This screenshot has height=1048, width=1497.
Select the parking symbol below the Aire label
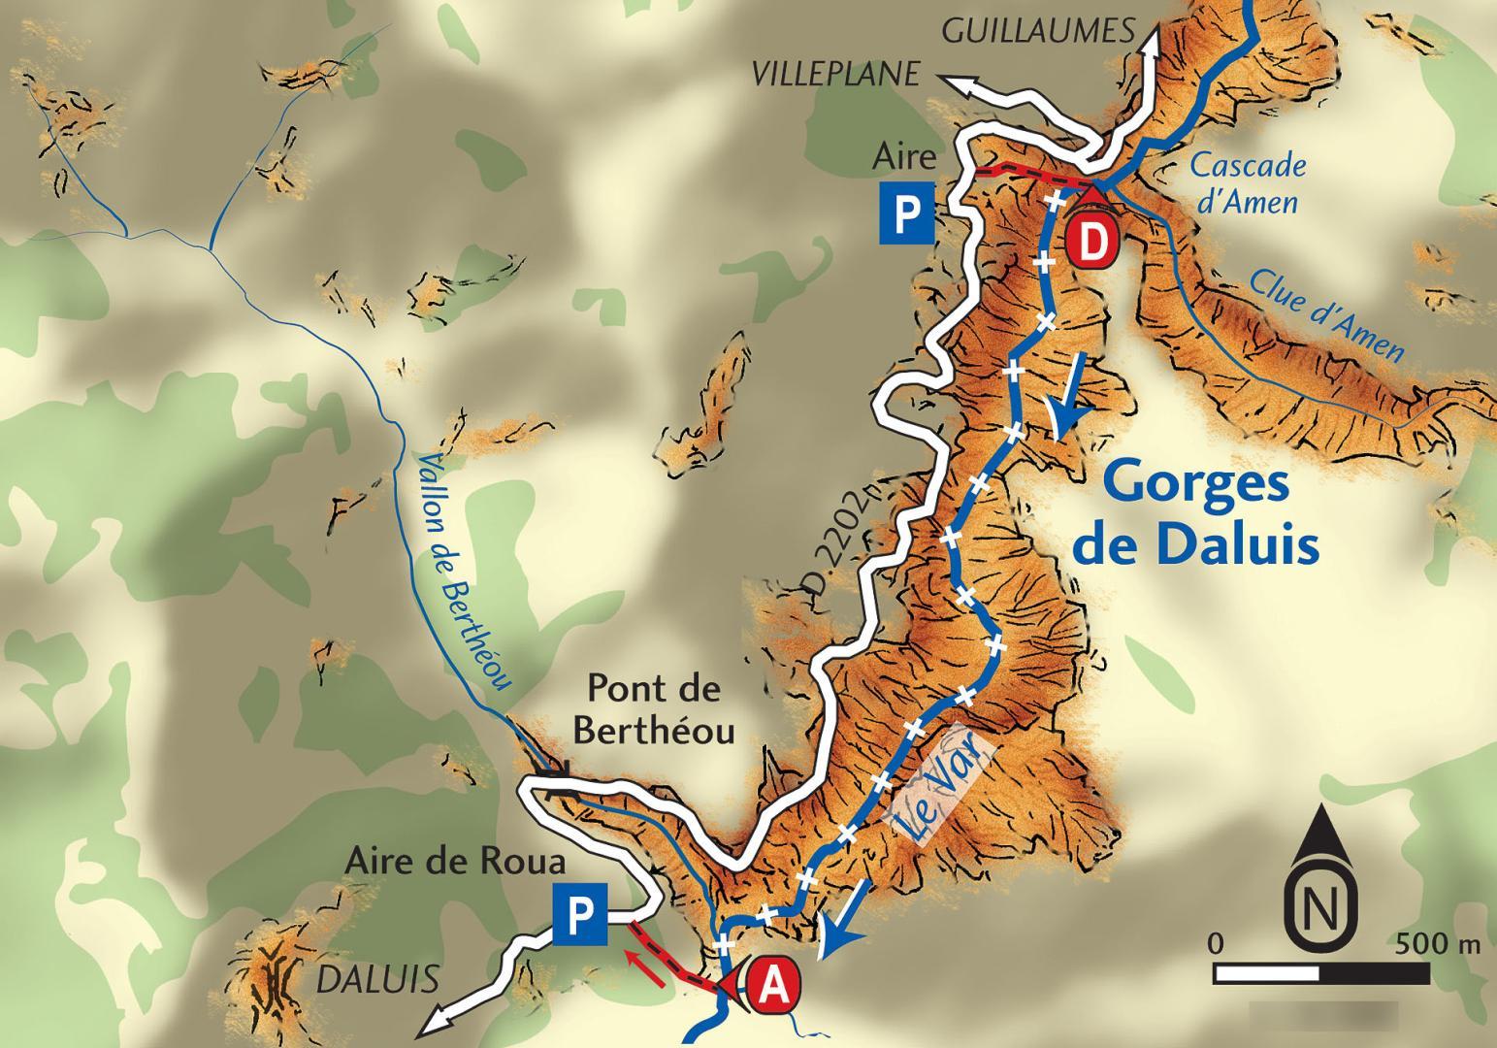point(906,213)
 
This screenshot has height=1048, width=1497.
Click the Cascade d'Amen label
point(1247,182)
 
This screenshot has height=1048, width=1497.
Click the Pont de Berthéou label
point(654,709)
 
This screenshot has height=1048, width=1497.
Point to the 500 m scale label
point(1438,942)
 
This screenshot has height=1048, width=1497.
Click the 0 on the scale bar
point(1216,942)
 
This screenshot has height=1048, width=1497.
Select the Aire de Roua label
point(455,862)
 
